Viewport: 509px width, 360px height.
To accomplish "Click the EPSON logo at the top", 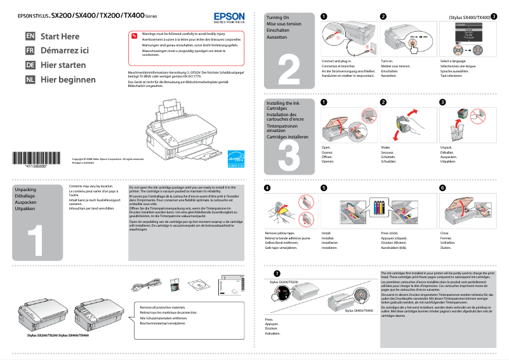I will pos(228,15).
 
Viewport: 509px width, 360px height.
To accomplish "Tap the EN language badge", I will pos(30,36).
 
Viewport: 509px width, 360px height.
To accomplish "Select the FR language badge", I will pos(30,51).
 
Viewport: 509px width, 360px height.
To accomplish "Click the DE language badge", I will pos(30,65).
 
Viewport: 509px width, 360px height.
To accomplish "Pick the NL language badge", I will pos(30,80).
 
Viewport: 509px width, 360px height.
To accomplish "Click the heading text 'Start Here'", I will pos(60,36).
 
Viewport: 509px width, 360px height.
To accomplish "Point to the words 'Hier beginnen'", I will pos(68,80).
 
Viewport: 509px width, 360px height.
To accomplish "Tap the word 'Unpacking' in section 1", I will pos(25,190).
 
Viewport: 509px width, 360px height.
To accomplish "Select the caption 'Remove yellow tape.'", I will pos(280,234).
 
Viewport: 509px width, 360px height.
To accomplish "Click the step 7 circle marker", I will pos(267,274).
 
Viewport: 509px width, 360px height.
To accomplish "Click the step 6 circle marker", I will pos(442,188).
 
